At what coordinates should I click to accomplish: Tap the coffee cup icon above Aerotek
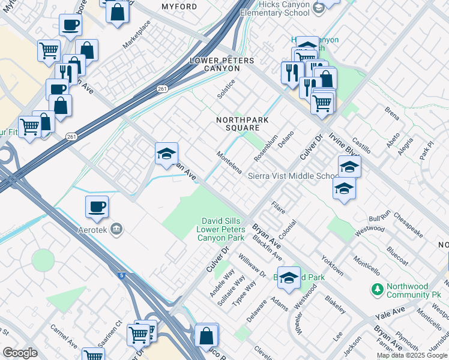coord(97,208)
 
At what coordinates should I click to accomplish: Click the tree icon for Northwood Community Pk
coord(378,290)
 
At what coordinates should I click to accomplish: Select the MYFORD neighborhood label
coord(179,7)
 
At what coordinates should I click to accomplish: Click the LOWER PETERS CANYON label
coord(221,65)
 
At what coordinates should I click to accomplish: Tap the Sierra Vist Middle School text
coord(294,176)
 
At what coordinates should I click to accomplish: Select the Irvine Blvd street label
coord(339,142)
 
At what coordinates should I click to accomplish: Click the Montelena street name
coord(229,162)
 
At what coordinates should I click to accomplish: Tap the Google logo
coord(20,353)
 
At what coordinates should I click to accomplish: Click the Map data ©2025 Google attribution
coord(412,355)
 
